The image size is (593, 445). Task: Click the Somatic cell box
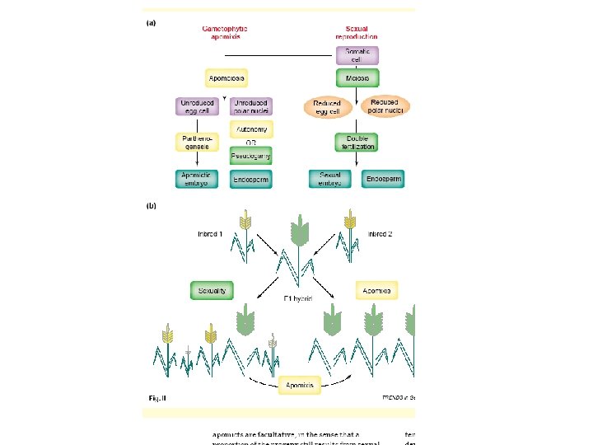[x=357, y=55]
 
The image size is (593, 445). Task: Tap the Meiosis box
[x=357, y=79]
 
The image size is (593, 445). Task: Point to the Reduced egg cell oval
[x=327, y=108]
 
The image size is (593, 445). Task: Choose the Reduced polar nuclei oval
[x=385, y=106]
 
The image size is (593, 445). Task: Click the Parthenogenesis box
[x=197, y=142]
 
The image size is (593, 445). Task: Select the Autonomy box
[x=251, y=130]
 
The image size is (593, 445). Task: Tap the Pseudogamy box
[x=251, y=155]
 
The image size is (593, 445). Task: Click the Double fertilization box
[x=357, y=142]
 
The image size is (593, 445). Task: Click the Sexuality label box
[x=212, y=290]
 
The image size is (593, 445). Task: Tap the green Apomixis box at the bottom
[x=298, y=385]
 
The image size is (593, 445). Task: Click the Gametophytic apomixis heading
[x=225, y=33]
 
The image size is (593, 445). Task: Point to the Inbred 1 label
[x=210, y=234]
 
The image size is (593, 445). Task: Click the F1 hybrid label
[x=297, y=297]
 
